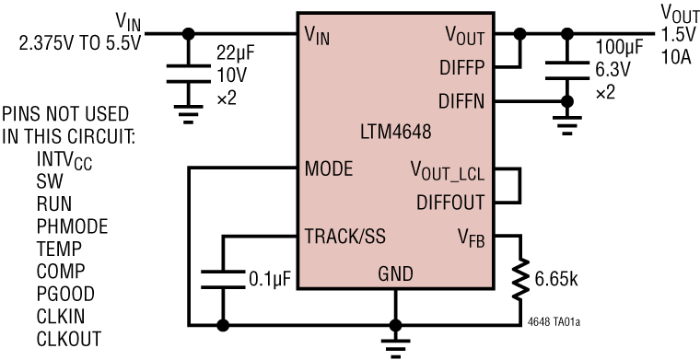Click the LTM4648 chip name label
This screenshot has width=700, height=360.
tap(396, 131)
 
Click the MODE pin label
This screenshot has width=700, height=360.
tap(328, 169)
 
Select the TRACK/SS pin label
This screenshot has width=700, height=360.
tap(344, 236)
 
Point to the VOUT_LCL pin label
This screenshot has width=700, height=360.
tap(451, 171)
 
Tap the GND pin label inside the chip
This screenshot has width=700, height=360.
tap(395, 273)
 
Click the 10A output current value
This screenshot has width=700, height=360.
tap(673, 51)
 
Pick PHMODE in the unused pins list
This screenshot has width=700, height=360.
tap(72, 226)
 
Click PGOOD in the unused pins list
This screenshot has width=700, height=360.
tap(67, 294)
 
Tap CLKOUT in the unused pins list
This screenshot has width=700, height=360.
tap(70, 339)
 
